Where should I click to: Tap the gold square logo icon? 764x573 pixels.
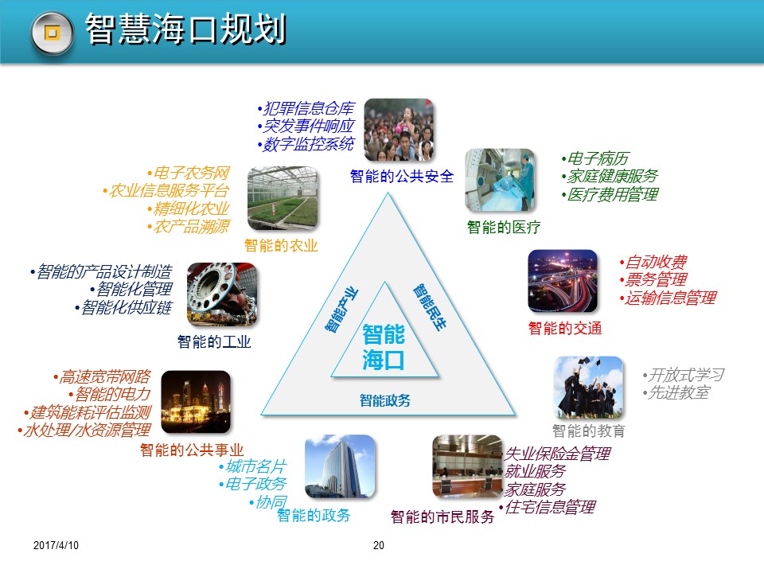[x=53, y=33]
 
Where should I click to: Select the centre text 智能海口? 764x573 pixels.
[x=384, y=347]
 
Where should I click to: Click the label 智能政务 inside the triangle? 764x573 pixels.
[x=385, y=401]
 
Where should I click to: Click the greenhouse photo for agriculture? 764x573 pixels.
[x=283, y=198]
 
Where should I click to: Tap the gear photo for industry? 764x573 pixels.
[x=222, y=295]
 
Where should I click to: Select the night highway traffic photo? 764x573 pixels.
[x=563, y=281]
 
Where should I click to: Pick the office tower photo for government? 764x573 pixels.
[x=340, y=466]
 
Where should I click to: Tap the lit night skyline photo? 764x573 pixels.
[x=196, y=402]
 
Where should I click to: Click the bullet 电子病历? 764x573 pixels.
[x=596, y=159]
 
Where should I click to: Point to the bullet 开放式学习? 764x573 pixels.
[x=685, y=375]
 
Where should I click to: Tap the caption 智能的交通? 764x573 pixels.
[x=565, y=328]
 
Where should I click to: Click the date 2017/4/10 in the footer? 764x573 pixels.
[x=57, y=545]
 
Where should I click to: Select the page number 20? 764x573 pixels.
[x=379, y=545]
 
